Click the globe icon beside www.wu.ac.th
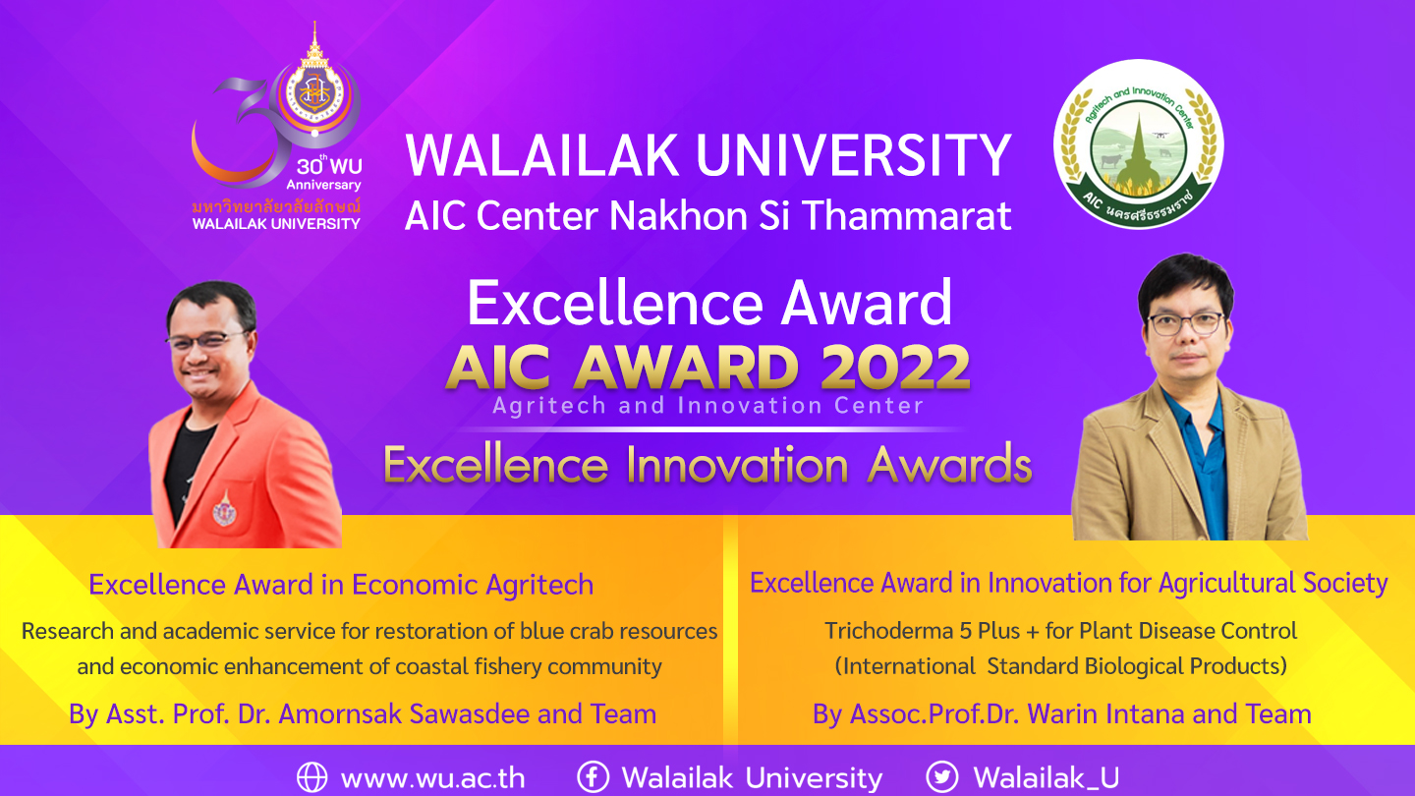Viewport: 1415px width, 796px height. [311, 777]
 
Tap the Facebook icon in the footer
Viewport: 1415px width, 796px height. [593, 777]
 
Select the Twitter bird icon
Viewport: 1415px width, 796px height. [942, 777]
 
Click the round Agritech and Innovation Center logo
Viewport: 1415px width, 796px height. [1138, 144]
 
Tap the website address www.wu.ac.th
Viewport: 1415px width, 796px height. [432, 778]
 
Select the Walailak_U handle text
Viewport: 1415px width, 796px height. [1047, 778]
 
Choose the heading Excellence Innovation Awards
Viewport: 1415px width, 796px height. [707, 465]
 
